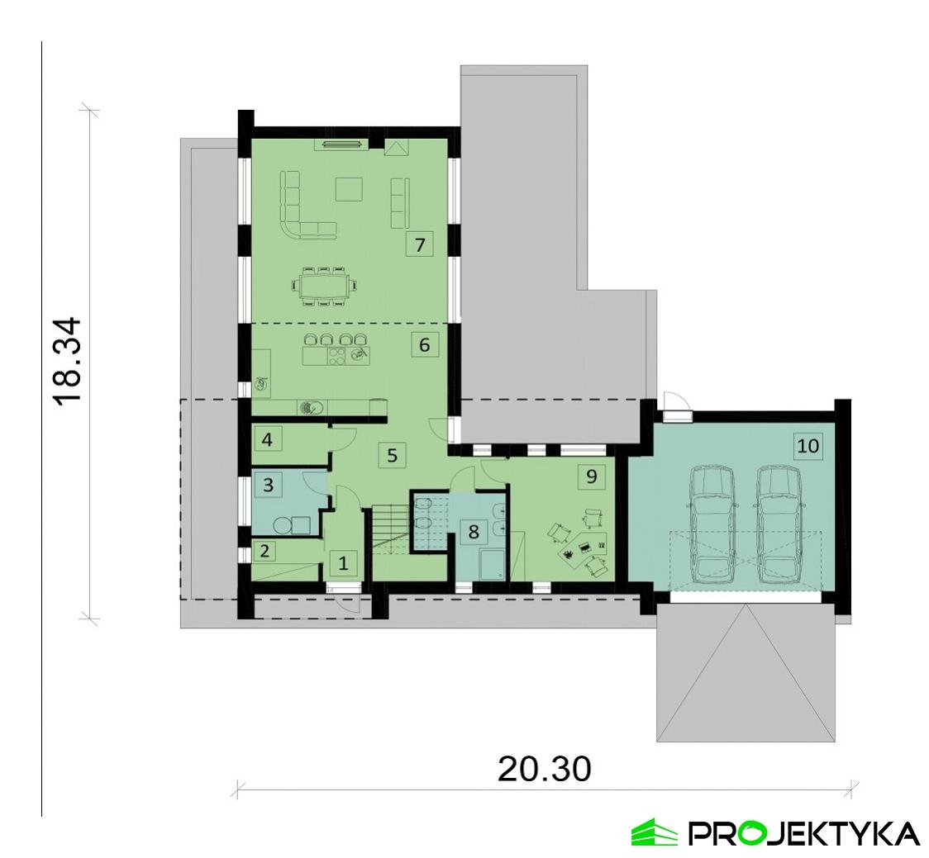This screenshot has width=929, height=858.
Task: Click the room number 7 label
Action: tap(420, 244)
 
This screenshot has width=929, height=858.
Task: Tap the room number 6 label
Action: tap(424, 344)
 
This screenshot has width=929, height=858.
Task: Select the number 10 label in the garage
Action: tap(808, 446)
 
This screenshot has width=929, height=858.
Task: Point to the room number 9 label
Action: tap(590, 476)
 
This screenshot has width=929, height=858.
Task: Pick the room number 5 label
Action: tap(392, 454)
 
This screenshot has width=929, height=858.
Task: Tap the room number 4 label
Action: tap(266, 438)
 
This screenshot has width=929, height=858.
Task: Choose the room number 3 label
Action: tap(268, 484)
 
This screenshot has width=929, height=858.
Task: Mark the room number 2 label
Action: tap(266, 550)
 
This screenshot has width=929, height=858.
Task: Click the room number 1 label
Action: tap(344, 565)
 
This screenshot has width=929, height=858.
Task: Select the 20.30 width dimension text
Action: tap(544, 770)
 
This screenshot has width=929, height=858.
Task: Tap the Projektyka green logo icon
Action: tap(654, 832)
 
